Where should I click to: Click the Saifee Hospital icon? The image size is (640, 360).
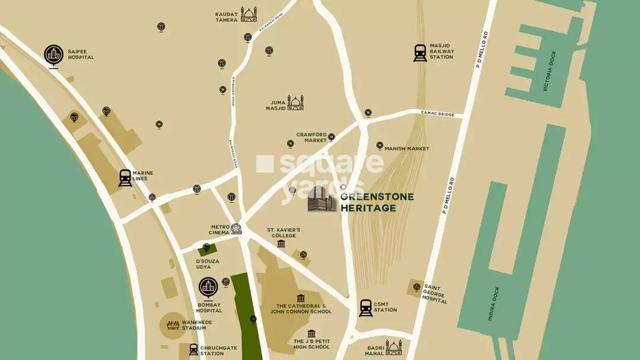(54, 55)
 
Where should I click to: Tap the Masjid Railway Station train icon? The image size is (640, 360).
(421, 53)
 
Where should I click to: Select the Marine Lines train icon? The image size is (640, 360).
(125, 178)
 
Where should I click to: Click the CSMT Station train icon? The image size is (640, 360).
(366, 307)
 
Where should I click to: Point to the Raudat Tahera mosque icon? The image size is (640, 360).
(249, 14)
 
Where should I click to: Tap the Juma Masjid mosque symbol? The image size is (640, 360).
(295, 103)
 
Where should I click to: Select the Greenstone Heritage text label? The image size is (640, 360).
(377, 202)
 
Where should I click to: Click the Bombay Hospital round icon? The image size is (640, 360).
(208, 288)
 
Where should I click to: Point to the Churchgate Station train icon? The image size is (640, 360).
(193, 349)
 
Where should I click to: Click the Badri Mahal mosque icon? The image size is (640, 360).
(394, 347)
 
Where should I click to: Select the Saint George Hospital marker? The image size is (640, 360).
(416, 288)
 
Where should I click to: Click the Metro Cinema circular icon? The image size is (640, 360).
(236, 228)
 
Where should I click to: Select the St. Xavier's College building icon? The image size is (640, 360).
(281, 243)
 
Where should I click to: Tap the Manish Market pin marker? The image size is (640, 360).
(380, 145)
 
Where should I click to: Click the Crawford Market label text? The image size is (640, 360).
(312, 138)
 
